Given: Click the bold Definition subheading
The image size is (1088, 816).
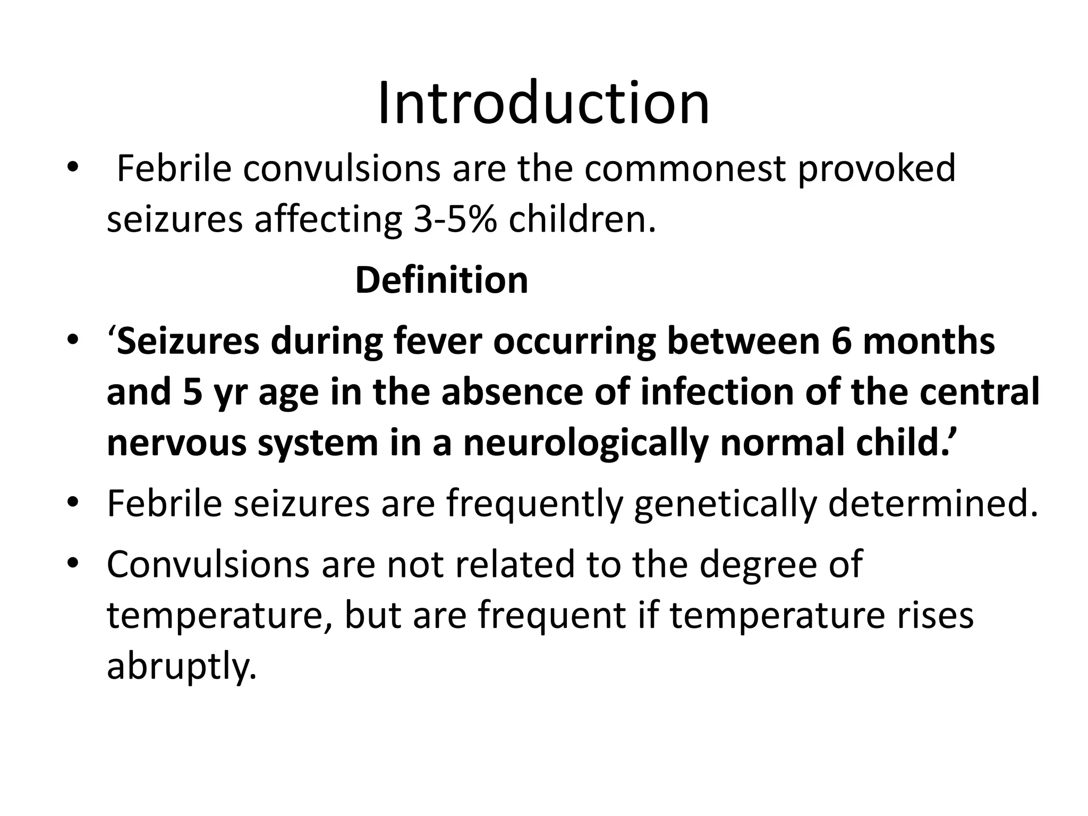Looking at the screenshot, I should coord(441,280).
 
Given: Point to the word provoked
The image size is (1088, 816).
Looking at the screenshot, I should coord(877,168).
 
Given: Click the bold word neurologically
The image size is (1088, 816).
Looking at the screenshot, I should coord(586,443).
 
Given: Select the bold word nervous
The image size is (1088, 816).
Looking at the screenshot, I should coord(176,443).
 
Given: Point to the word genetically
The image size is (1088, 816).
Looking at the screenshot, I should coord(725,504).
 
